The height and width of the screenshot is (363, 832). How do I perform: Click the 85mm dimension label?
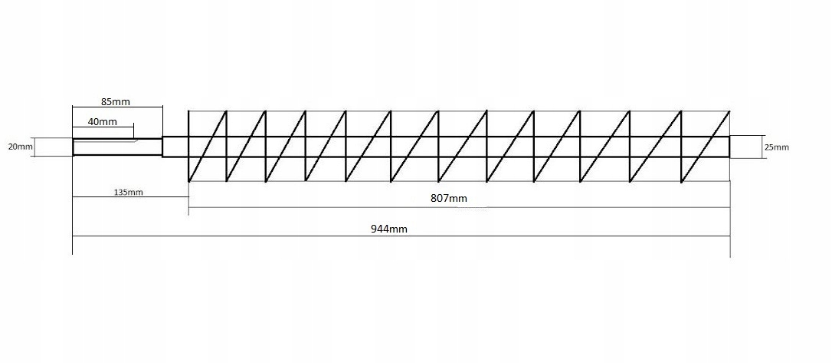pyautogui.click(x=115, y=101)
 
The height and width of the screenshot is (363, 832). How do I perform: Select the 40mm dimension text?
pyautogui.click(x=103, y=122)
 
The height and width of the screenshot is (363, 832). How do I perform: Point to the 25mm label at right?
pyautogui.click(x=776, y=147)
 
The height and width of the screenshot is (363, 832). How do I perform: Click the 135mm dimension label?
pyautogui.click(x=128, y=192)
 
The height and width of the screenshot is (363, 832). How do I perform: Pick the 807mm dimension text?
pyautogui.click(x=448, y=199)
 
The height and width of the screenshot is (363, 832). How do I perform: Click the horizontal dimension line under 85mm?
pyautogui.click(x=118, y=108)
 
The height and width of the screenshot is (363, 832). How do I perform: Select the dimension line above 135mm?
pyautogui.click(x=130, y=198)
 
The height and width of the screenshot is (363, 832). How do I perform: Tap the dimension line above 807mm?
pyautogui.click(x=460, y=207)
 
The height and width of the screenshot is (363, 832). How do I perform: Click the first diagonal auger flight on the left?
pyautogui.click(x=208, y=146)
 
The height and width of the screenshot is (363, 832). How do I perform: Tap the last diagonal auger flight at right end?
pyautogui.click(x=706, y=146)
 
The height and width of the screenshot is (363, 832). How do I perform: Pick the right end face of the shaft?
pyautogui.click(x=730, y=147)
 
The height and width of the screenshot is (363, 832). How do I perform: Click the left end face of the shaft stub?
pyautogui.click(x=74, y=147)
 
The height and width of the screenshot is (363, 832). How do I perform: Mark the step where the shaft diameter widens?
pyautogui.click(x=162, y=147)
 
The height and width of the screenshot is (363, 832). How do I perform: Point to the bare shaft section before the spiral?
pyautogui.click(x=175, y=147)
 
